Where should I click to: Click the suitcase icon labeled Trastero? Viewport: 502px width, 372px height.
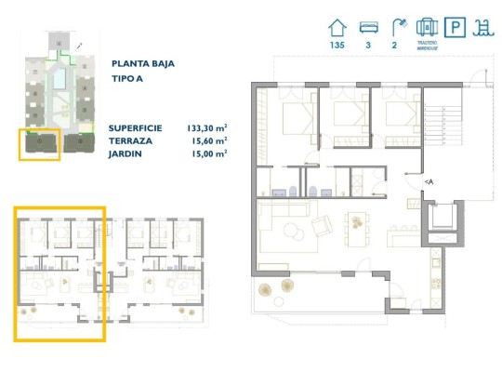[x=427, y=26]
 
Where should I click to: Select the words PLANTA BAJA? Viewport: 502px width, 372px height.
[x=142, y=64]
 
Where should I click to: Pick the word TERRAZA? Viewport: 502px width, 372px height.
[x=131, y=140]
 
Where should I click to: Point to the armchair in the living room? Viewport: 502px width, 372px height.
[x=322, y=225]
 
